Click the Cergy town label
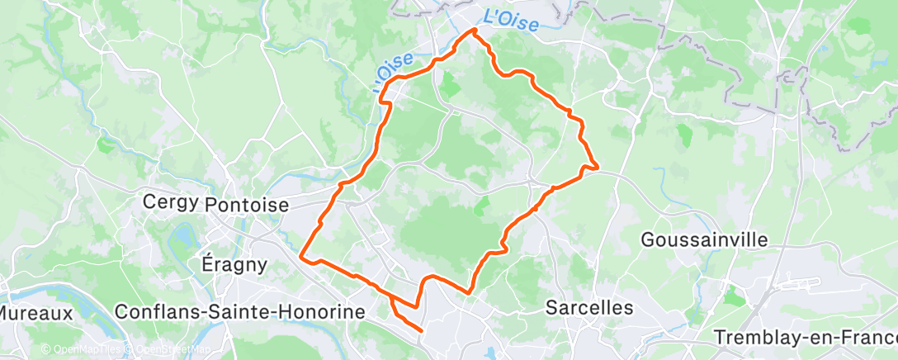click(x=171, y=202)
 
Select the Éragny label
click(x=234, y=265)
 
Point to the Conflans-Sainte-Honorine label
click(x=240, y=312)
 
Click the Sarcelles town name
click(x=589, y=308)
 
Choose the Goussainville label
click(x=704, y=240)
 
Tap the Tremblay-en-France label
click(x=805, y=338)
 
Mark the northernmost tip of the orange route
click(x=475, y=31)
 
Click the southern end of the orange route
click(x=422, y=331)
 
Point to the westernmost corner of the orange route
click(x=302, y=257)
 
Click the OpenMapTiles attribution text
click(x=83, y=349)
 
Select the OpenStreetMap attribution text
click(x=163, y=349)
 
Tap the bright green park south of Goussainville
click(x=732, y=295)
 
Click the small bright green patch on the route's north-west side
click(x=450, y=85)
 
